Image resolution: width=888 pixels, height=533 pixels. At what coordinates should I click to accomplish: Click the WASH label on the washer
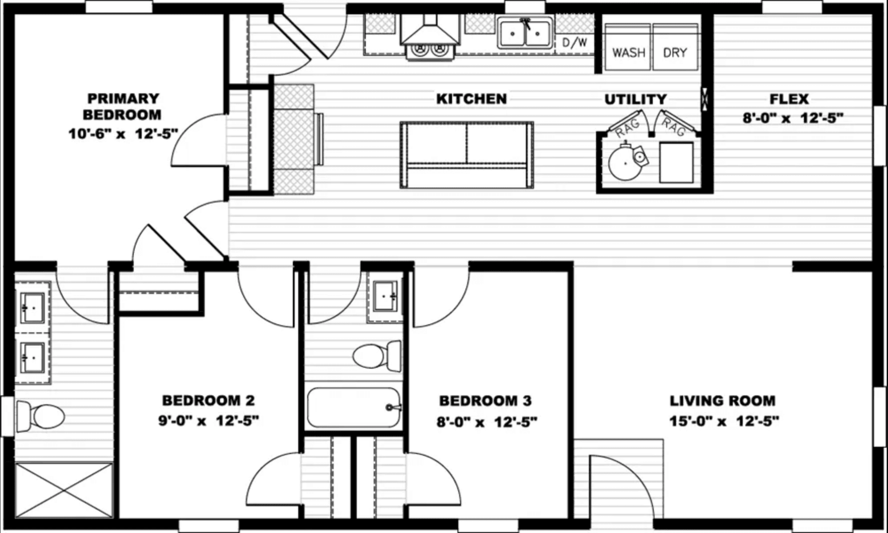point(628,53)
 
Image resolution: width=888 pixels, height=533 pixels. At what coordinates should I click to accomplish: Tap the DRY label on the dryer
point(675,53)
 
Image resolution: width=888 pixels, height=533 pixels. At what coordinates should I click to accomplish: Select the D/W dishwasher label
point(575,43)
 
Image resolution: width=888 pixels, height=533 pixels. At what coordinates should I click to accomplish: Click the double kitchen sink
point(525,32)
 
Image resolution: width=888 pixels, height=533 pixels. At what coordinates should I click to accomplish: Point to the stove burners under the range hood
point(430,50)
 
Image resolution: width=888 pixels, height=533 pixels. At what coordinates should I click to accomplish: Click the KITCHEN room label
point(472,99)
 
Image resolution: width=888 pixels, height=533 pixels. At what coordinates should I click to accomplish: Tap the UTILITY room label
point(636,99)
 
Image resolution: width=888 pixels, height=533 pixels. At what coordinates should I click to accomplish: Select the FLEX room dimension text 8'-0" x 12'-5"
point(792,118)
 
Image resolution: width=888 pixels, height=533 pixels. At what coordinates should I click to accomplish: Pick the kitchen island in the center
point(467,155)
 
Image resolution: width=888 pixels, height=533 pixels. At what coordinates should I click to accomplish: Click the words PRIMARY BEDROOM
point(122,106)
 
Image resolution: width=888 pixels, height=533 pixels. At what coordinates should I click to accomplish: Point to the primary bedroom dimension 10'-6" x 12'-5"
point(123,133)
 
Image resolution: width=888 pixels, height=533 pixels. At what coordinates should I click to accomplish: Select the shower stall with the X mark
point(64,490)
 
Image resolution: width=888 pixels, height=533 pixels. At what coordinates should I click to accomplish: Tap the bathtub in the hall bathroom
point(354,408)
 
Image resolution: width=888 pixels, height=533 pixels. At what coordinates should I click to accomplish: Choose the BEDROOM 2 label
point(208,401)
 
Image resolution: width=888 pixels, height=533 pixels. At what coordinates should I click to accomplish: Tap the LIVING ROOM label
point(722,401)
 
